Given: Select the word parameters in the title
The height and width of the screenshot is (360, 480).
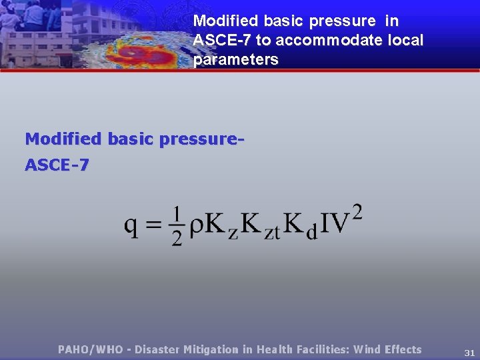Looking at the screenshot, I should pyautogui.click(x=235, y=59).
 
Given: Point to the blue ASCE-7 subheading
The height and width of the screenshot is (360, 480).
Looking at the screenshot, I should pyautogui.click(x=57, y=165).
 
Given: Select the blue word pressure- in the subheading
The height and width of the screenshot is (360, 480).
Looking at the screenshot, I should pyautogui.click(x=199, y=139).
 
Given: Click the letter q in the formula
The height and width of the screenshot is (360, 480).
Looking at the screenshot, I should pyautogui.click(x=132, y=225).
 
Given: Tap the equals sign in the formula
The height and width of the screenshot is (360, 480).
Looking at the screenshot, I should pyautogui.click(x=155, y=225).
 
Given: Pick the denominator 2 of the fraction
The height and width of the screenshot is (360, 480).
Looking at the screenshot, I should pyautogui.click(x=177, y=238).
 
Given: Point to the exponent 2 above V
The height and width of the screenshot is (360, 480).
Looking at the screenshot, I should pyautogui.click(x=357, y=212).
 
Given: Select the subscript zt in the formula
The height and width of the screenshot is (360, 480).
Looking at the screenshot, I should pyautogui.click(x=272, y=233).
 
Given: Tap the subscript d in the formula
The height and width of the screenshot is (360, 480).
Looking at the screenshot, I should pyautogui.click(x=311, y=233).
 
